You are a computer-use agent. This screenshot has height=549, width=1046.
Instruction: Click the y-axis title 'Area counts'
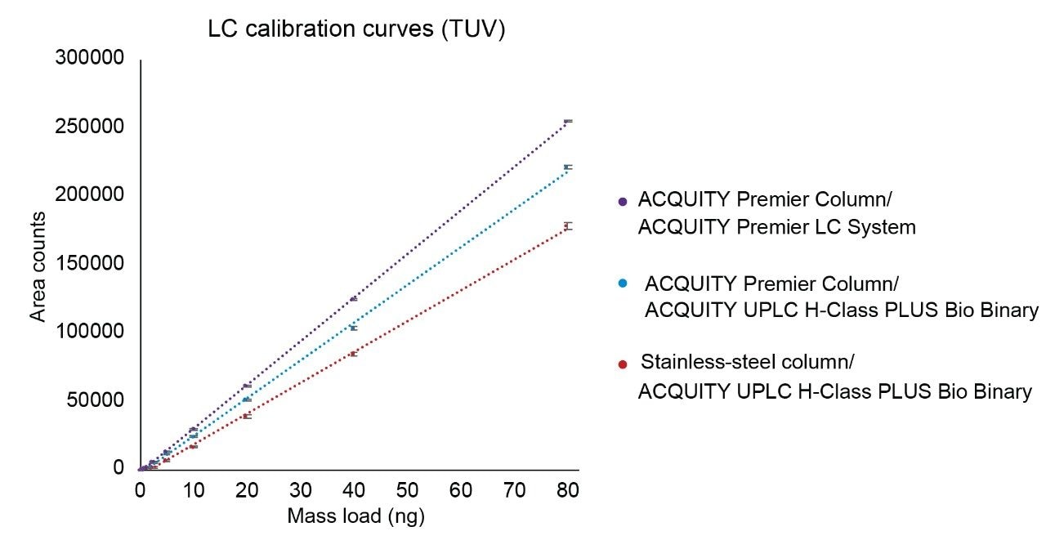[38, 266]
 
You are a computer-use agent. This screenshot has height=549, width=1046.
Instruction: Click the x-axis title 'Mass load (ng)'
[355, 516]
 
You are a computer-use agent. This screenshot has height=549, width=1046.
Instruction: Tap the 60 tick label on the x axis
[461, 491]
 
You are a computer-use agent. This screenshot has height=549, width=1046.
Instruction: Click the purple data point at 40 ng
[354, 299]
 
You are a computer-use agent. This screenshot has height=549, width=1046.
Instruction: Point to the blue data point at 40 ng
[354, 328]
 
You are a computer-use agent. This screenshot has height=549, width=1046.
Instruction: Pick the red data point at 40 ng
[354, 354]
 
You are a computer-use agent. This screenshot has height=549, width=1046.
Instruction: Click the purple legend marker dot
[624, 201]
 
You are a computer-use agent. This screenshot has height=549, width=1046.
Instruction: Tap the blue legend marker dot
[624, 283]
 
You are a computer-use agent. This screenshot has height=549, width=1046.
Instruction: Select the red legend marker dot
[624, 364]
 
